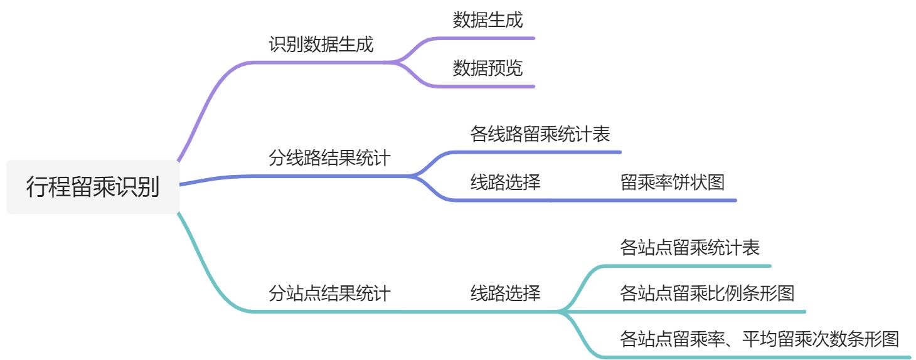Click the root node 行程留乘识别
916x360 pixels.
coord(93,187)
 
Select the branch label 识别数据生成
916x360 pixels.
coord(321,45)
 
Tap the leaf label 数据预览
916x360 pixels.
coord(487,68)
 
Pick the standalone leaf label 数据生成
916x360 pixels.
coord(487,20)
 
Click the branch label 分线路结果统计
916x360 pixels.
coord(329,158)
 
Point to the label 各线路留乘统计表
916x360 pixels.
coord(540,134)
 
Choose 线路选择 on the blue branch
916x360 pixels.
coord(505,183)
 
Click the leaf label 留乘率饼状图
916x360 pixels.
coord(673,183)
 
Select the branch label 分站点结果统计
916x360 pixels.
coord(329,293)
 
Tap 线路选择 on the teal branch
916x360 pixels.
coord(505,293)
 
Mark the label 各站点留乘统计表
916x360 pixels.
coord(690,248)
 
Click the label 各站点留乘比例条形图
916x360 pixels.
coord(707,293)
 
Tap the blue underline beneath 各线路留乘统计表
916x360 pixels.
coord(546,152)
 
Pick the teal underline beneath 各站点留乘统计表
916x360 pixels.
coord(690,266)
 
